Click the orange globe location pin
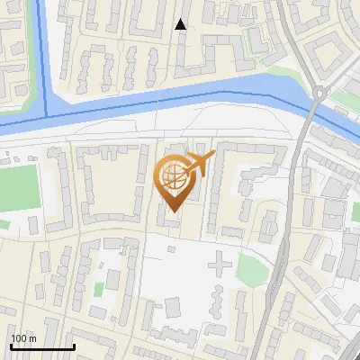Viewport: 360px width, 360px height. (174, 182)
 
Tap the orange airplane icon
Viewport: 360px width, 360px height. (199, 163)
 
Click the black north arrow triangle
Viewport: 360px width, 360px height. (181, 24)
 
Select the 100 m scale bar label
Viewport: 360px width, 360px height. (23, 338)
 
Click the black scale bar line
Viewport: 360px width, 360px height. (41, 346)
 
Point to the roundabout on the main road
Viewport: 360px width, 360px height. (319, 93)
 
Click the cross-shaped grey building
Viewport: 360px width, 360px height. (219, 265)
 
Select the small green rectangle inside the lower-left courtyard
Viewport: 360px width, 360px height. (98, 290)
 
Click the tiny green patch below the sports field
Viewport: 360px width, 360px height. (4, 224)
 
